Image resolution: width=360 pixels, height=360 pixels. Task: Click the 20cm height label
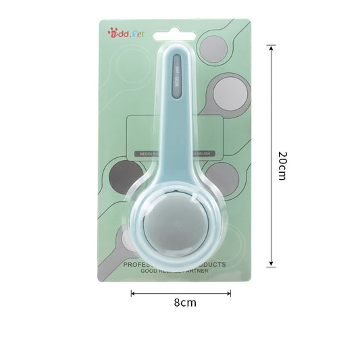[x=282, y=165]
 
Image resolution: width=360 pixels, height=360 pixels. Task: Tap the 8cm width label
[x=184, y=303]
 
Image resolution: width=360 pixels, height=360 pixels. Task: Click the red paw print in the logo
[x=111, y=31]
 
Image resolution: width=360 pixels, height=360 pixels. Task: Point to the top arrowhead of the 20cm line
[x=271, y=48]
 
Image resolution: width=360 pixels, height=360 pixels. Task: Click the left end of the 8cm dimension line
[x=132, y=293]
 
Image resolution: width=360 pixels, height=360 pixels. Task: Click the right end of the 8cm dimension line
[x=230, y=293]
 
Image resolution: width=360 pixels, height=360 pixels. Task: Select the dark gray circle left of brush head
[x=124, y=178]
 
